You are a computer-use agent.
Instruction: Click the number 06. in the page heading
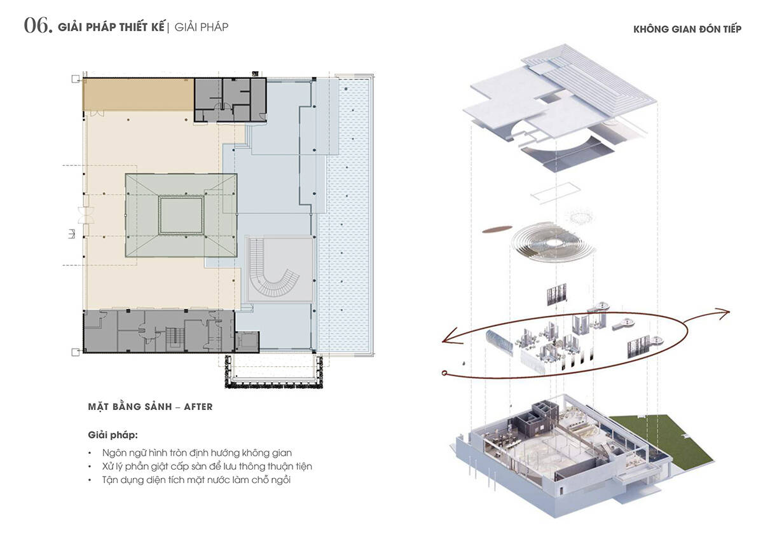click(x=38, y=26)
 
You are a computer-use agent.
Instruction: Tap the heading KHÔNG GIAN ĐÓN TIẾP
click(x=687, y=29)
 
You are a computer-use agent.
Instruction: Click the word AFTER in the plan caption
click(x=198, y=407)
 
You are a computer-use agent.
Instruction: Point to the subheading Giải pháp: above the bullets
click(x=113, y=435)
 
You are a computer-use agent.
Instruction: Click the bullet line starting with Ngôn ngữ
click(x=197, y=453)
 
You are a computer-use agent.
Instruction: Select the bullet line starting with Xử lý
click(x=207, y=466)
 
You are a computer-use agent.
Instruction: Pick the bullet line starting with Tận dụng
click(x=196, y=480)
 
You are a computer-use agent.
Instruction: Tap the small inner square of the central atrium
click(x=181, y=215)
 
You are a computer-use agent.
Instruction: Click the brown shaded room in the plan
click(x=139, y=94)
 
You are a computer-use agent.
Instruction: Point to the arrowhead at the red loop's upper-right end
click(x=722, y=313)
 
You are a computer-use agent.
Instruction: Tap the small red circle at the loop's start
click(x=444, y=373)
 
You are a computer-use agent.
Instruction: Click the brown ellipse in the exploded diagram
click(x=497, y=229)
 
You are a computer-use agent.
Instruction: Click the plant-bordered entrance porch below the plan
click(x=273, y=372)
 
